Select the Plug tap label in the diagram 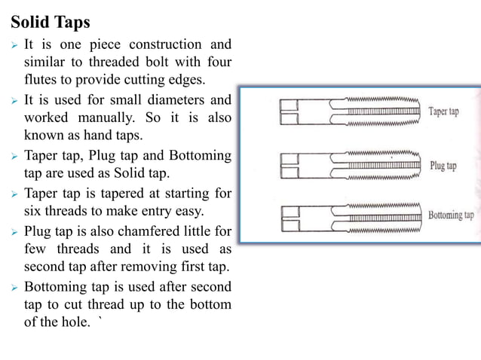tap(443, 164)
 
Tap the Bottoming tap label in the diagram tap(451, 215)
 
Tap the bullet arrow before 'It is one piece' tap(13, 45)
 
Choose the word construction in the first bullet tap(165, 44)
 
